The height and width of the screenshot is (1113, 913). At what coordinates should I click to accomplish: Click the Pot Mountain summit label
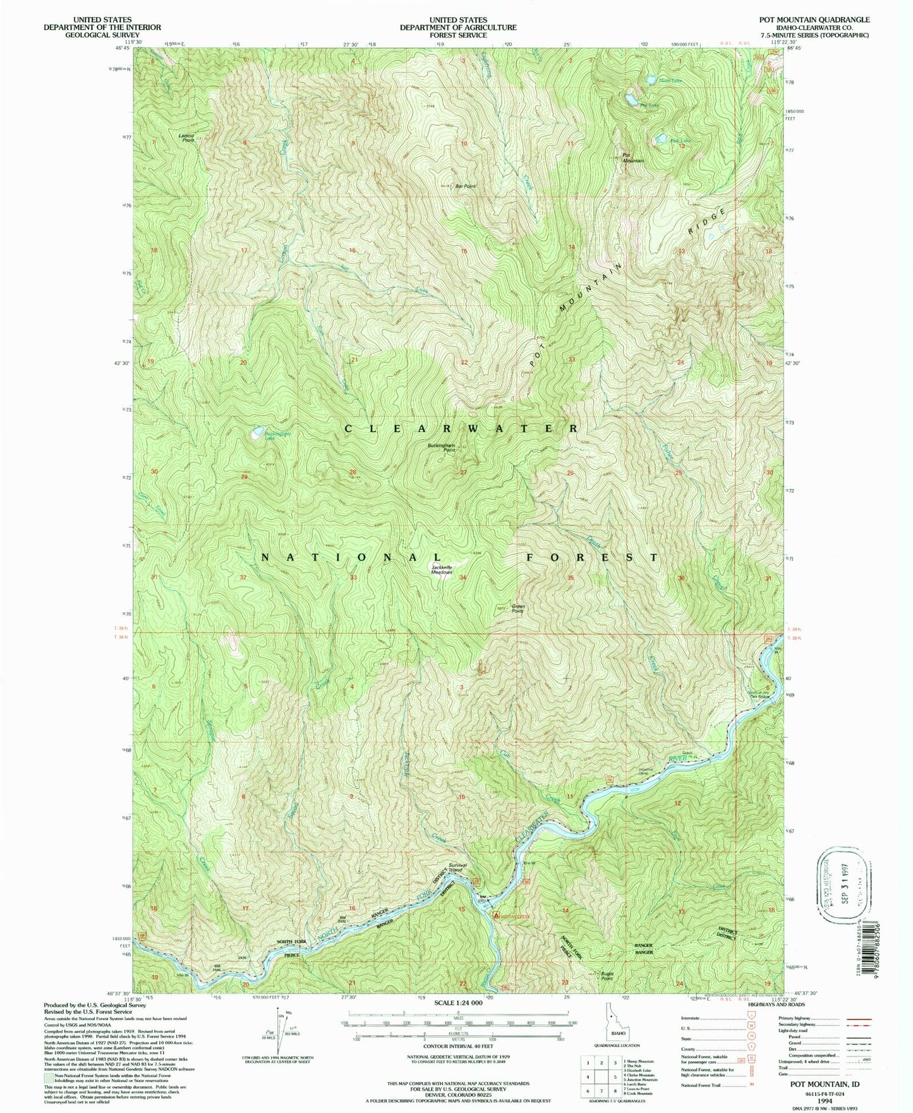click(632, 157)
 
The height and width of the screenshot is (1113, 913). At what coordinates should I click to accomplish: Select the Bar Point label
click(466, 186)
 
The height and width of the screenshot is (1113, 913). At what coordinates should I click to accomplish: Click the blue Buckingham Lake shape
click(257, 434)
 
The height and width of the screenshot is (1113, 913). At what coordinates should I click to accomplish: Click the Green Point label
click(517, 609)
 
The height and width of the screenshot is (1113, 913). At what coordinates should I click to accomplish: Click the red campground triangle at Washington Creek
click(496, 915)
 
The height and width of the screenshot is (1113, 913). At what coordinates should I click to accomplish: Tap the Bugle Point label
click(593, 976)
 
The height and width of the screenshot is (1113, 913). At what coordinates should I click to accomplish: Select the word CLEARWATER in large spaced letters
click(461, 429)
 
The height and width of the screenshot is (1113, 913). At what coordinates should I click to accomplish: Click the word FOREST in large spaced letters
click(593, 557)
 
